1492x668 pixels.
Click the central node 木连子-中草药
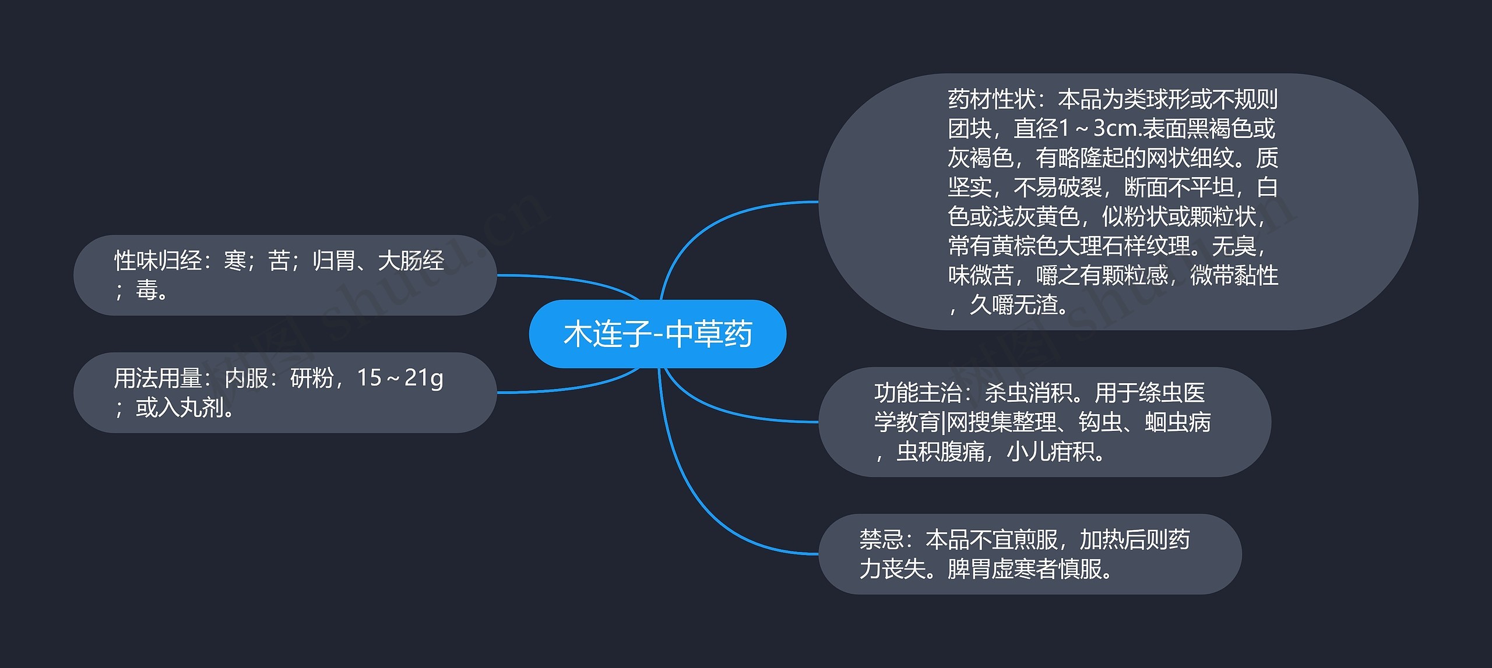657,334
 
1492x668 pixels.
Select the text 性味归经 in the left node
158,261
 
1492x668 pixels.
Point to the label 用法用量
158,379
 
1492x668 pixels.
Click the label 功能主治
918,393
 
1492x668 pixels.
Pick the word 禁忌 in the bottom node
881,540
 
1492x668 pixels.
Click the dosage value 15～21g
400,379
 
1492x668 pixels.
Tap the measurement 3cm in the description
1115,129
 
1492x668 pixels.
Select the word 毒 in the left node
147,290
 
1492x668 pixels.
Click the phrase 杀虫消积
1029,393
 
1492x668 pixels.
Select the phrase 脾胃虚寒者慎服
1029,570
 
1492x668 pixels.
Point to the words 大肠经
411,261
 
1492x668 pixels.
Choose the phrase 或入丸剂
180,408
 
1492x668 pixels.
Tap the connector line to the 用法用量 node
571,387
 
